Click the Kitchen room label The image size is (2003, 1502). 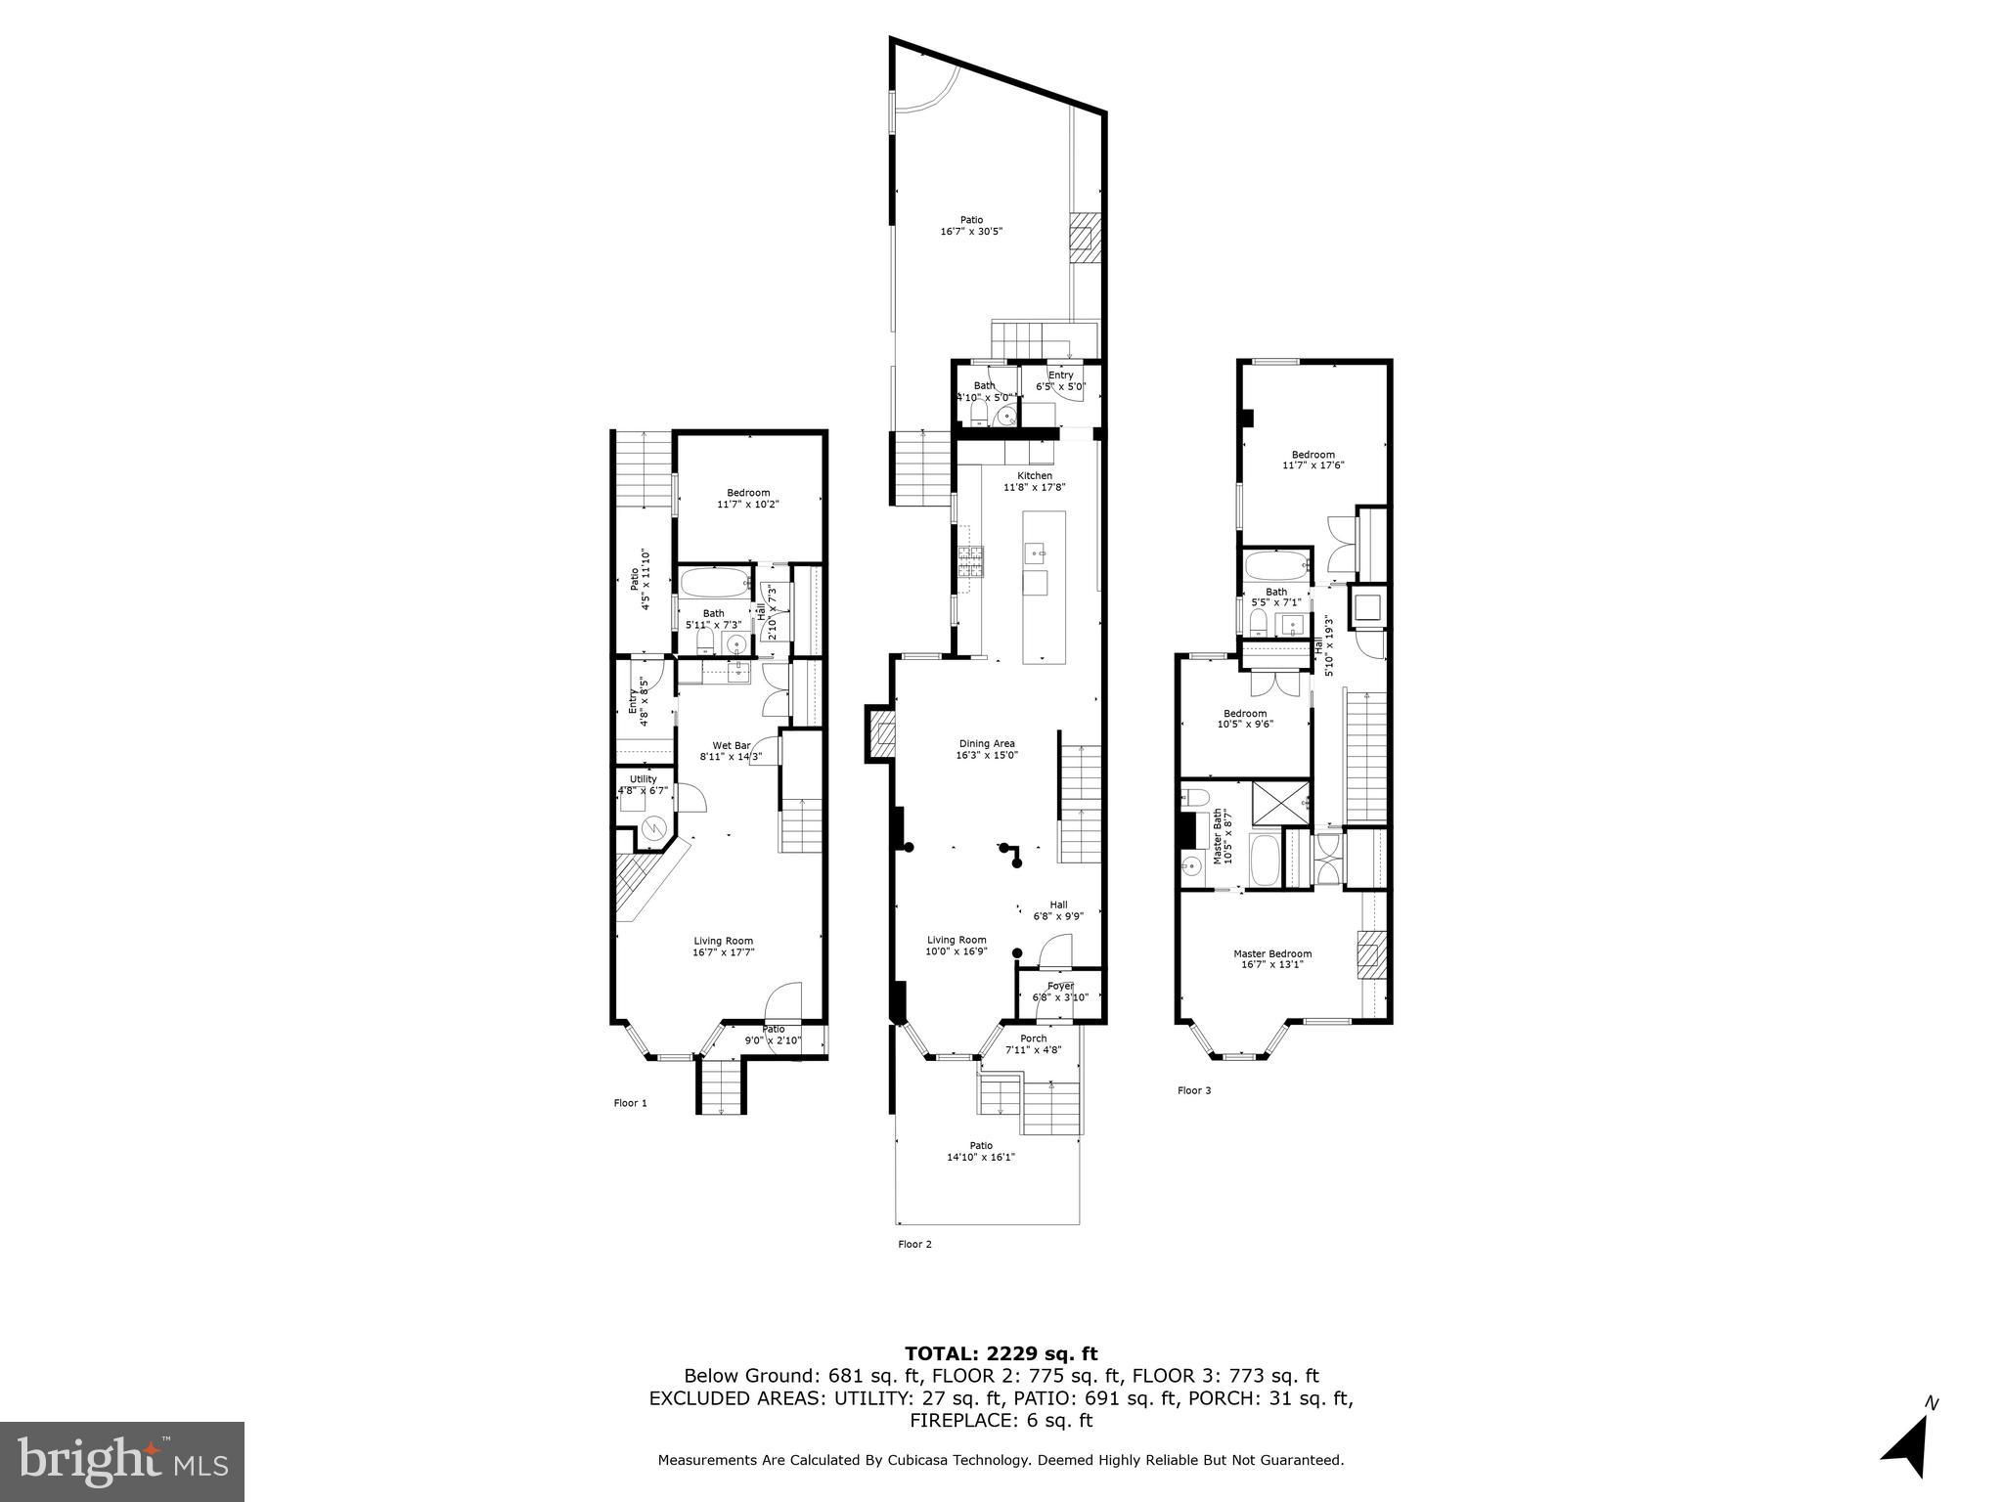click(x=1035, y=475)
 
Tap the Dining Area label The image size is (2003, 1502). click(x=986, y=743)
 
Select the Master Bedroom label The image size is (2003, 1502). click(x=1272, y=953)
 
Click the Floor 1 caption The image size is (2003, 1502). click(x=630, y=1103)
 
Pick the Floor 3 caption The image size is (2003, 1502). click(x=1194, y=1090)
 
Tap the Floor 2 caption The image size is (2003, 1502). click(x=914, y=1244)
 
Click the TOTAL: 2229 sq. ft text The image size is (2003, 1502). click(x=1001, y=1353)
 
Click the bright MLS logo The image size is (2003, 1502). click(x=122, y=1461)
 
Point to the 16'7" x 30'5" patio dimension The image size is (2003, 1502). click(x=971, y=232)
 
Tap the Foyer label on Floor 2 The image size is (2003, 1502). click(x=1060, y=986)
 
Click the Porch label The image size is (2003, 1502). click(x=1033, y=1038)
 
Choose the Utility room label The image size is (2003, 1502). click(x=643, y=778)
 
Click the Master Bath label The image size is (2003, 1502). click(x=1218, y=836)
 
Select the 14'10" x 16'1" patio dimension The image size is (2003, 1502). click(x=981, y=1157)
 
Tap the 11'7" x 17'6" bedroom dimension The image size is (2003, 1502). click(x=1313, y=465)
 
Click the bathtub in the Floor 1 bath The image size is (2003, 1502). click(x=713, y=584)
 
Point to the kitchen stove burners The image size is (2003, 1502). click(x=970, y=560)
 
